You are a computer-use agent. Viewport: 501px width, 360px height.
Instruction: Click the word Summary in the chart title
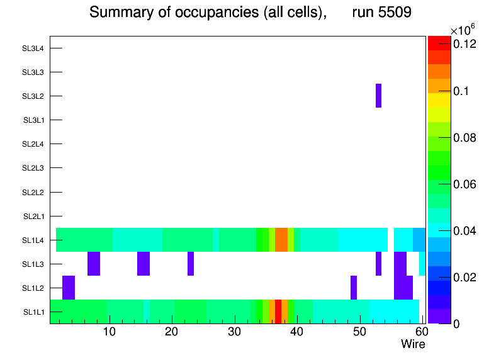(116, 12)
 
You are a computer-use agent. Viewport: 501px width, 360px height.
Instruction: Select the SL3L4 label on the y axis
(33, 48)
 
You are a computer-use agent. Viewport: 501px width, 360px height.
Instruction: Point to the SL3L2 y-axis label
(33, 96)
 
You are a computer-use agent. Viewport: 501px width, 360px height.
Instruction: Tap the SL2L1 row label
(33, 217)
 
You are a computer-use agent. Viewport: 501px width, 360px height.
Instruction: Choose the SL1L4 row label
(33, 240)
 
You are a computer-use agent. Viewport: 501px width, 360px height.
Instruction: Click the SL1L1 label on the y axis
(33, 312)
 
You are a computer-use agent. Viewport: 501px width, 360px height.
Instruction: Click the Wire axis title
(413, 344)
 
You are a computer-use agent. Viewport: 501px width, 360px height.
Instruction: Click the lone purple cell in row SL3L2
(378, 96)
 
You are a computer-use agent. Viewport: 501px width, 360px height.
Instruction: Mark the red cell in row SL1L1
(278, 312)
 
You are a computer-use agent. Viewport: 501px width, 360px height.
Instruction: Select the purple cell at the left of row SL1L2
(69, 288)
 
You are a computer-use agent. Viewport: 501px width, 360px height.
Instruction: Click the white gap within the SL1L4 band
(390, 240)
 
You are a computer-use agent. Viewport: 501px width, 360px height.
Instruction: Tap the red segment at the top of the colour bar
(439, 43)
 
